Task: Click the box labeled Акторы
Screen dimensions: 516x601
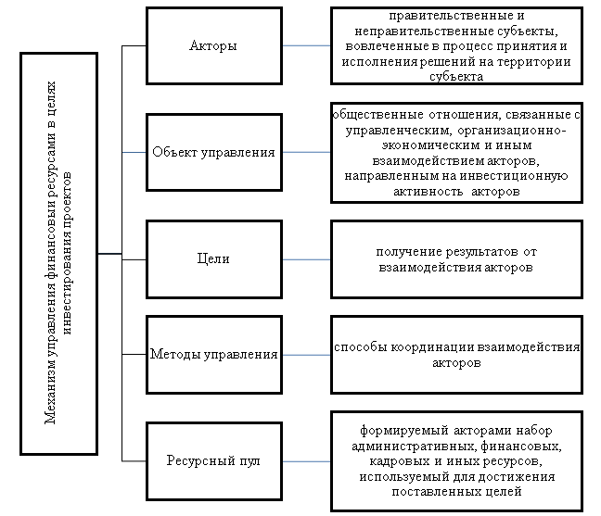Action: [213, 45]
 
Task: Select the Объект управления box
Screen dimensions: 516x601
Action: [213, 152]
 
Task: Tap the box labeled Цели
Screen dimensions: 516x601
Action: [213, 260]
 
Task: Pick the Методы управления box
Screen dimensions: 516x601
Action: [213, 354]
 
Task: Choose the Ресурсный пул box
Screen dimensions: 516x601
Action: [213, 460]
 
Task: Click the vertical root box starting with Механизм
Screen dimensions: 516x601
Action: [58, 253]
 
